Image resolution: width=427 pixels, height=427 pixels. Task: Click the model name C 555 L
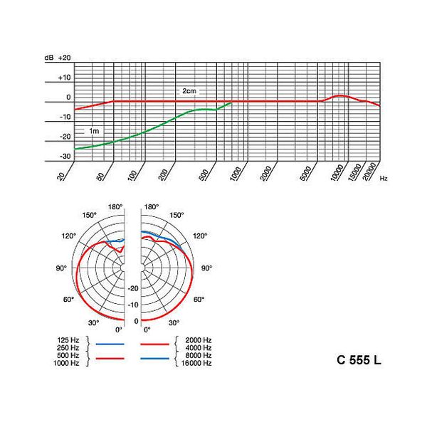pos(359,359)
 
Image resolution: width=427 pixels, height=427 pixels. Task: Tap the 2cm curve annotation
pos(189,92)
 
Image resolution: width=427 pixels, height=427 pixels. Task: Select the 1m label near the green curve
pos(93,131)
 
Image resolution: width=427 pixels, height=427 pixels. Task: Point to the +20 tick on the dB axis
pos(65,57)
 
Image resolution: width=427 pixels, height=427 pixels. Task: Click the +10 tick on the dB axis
pos(65,77)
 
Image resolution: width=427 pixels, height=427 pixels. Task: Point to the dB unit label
pos(48,57)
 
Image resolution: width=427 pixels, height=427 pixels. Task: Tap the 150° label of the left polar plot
pos(89,214)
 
